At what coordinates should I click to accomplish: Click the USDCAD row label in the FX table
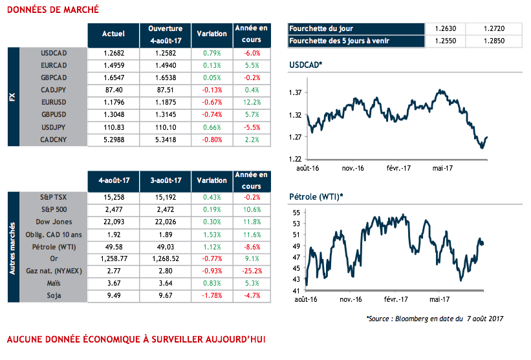point(54,53)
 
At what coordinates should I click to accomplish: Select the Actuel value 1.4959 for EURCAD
point(114,65)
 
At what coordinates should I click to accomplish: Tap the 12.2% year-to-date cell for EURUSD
point(252,102)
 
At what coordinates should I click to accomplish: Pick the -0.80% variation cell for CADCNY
point(211,139)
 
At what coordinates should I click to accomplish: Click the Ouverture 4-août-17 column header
point(165,33)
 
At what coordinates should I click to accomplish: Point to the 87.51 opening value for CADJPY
point(165,90)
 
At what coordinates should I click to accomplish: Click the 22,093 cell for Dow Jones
point(114,222)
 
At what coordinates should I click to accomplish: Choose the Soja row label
point(54,295)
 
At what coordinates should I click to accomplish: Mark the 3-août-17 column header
point(165,180)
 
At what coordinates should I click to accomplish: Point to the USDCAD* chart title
point(306,66)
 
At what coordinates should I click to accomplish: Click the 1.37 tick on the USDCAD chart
point(295,93)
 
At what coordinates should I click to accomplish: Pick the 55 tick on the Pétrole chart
point(298,213)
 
